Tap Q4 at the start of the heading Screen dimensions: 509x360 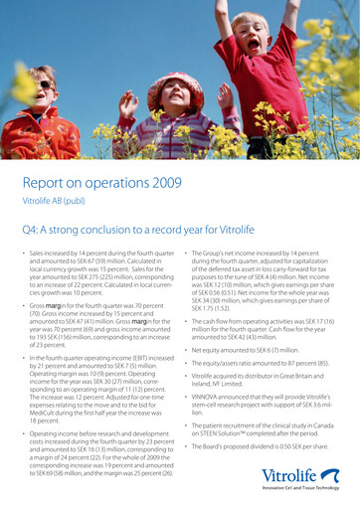31,231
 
